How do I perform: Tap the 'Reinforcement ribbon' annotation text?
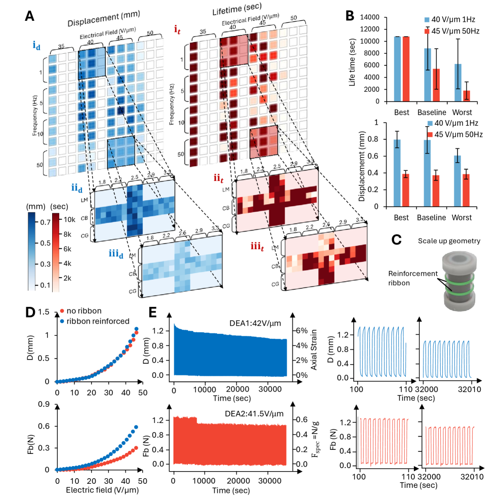pos(412,277)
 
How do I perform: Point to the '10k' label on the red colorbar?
pos(68,219)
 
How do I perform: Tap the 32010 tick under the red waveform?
pos(474,479)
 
